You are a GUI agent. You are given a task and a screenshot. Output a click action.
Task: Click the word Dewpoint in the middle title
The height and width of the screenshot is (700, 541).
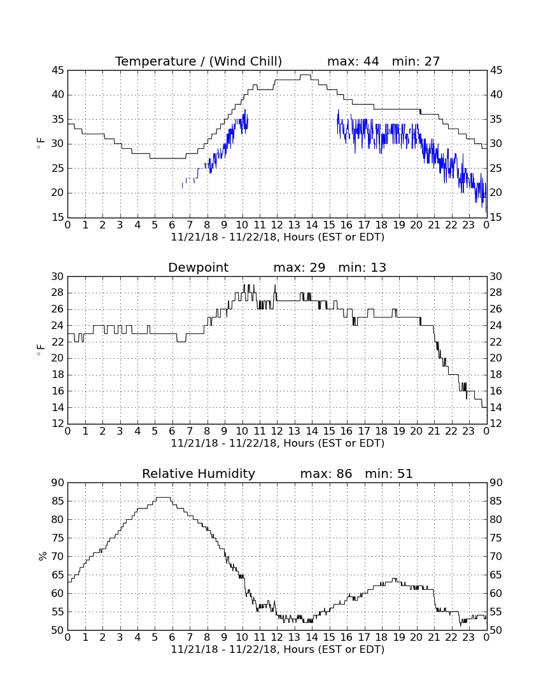point(198,267)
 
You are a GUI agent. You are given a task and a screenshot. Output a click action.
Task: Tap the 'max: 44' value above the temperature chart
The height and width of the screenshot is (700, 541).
point(353,61)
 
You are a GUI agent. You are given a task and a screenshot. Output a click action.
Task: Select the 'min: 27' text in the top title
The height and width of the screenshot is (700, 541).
point(416,61)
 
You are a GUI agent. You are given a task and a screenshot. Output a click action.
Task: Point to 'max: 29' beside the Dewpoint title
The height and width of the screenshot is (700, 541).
point(300,267)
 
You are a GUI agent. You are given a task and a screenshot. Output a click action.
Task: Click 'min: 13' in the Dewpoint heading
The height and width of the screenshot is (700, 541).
point(362,267)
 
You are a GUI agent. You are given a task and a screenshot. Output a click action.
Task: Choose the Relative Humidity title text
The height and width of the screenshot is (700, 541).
point(199,473)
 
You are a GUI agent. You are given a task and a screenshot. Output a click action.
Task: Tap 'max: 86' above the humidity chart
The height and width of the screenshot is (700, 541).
point(327,473)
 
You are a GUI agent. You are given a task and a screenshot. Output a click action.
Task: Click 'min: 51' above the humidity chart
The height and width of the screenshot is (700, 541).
point(389,473)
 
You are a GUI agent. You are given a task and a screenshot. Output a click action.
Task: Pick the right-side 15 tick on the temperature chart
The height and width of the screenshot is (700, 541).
point(496,218)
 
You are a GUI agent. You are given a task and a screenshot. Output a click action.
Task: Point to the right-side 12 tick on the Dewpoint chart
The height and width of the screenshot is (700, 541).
point(496,424)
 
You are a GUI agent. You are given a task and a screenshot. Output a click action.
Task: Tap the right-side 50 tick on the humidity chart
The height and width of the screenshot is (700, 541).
point(496,630)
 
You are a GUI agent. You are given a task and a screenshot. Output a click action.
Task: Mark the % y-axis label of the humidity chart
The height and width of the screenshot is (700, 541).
point(43,556)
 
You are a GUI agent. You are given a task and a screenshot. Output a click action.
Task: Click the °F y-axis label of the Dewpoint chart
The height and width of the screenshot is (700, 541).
point(41,349)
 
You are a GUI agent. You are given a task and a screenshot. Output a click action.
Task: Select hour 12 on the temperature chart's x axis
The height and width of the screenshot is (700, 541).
point(277,225)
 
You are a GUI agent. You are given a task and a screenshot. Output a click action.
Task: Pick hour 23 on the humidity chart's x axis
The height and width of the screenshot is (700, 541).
point(468,638)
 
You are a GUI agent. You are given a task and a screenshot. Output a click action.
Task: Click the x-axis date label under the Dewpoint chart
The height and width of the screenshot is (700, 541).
point(278,444)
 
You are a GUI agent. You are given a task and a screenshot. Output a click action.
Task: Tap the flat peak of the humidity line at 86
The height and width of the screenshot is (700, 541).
point(162,498)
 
